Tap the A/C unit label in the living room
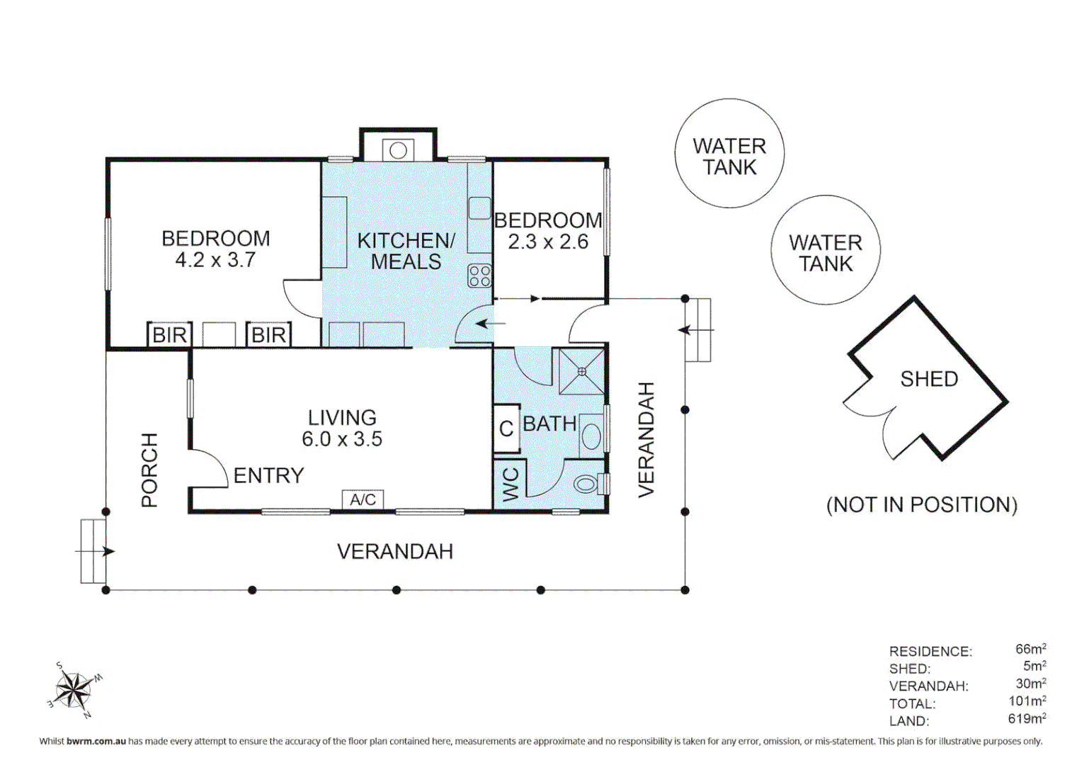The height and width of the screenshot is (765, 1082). [363, 499]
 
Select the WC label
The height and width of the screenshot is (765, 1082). [511, 484]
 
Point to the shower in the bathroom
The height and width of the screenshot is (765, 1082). [581, 372]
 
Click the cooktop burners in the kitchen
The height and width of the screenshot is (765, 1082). [479, 276]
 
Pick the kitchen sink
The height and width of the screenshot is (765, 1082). [479, 208]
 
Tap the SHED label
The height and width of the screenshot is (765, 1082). [929, 379]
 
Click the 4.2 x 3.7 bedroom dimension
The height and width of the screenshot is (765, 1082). [215, 260]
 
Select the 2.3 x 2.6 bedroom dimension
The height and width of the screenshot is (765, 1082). [548, 242]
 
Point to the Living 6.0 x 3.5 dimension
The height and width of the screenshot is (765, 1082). [342, 438]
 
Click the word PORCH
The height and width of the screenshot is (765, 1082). [149, 470]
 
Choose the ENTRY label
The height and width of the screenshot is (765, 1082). [268, 476]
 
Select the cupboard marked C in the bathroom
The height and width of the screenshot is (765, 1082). [506, 428]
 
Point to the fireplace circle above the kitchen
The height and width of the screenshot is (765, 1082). [398, 150]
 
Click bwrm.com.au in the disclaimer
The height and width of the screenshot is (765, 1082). [96, 742]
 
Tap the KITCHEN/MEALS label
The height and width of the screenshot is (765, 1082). [406, 251]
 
